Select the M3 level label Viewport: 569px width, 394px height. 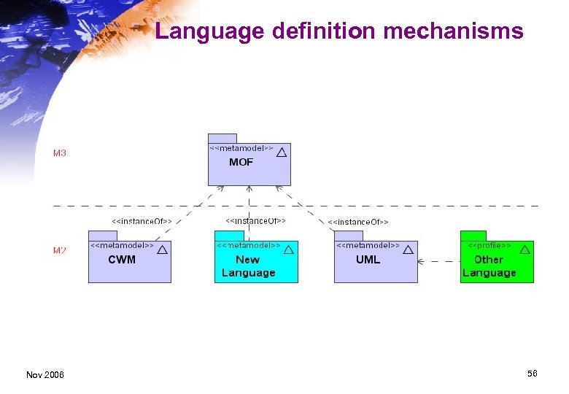tap(59, 153)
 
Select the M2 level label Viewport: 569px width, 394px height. tap(59, 250)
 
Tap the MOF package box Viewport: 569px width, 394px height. tap(249, 165)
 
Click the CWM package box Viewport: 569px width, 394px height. tap(129, 262)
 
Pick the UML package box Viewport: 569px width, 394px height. tap(375, 262)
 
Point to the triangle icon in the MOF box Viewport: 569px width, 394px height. tap(282, 152)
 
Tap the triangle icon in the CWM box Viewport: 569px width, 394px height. tap(162, 249)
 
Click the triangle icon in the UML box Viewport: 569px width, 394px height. tap(408, 249)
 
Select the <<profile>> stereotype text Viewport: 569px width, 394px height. tap(489, 246)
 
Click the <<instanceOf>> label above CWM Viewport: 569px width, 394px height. tap(142, 220)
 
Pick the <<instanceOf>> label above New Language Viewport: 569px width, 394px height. tap(255, 220)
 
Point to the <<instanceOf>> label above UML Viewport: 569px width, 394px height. tap(358, 221)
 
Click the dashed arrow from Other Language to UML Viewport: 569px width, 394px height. tap(438, 260)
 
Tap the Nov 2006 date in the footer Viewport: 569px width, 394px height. tap(44, 374)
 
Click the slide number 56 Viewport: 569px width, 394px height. tap(532, 373)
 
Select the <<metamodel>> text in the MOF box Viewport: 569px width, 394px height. tap(241, 148)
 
